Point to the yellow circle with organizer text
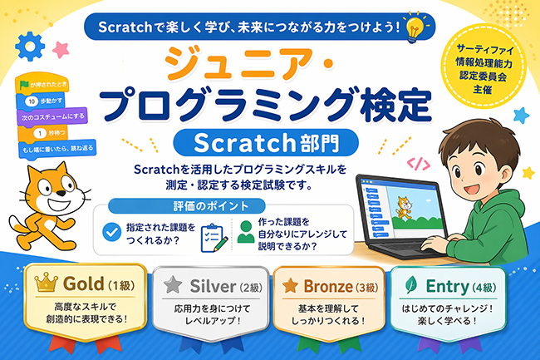[484, 65]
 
